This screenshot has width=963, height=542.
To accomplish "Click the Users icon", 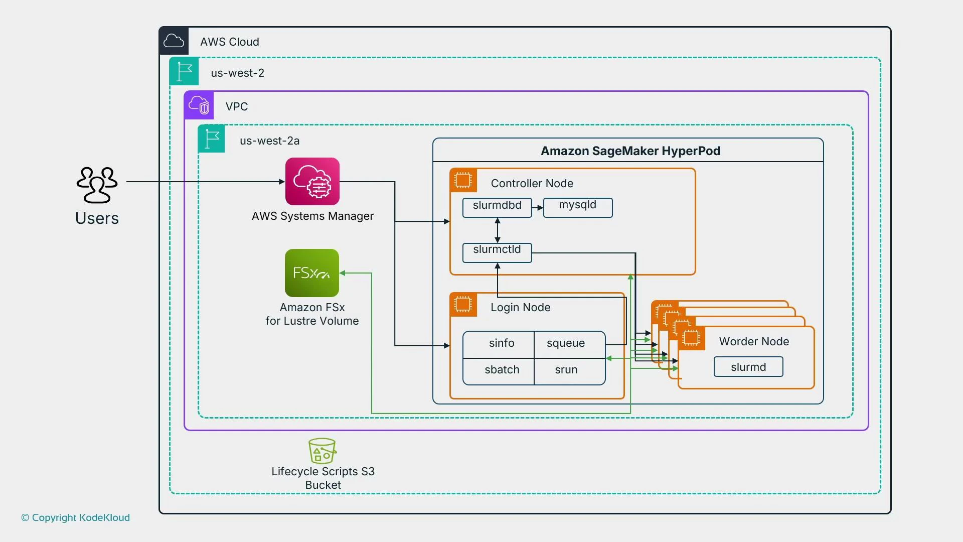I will click(x=97, y=185).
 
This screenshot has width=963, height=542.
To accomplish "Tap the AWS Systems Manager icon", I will click(x=312, y=181).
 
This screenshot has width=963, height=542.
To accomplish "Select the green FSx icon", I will click(x=311, y=273).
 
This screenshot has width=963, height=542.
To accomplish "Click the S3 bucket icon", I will click(x=322, y=451).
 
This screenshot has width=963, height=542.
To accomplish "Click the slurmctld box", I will click(x=497, y=252).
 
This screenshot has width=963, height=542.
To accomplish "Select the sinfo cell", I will click(x=501, y=344).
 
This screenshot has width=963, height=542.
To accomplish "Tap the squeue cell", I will click(x=566, y=344).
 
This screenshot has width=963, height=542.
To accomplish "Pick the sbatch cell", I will click(x=501, y=370).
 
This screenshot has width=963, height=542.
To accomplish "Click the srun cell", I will click(x=566, y=370).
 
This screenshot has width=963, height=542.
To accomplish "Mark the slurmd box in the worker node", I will click(x=748, y=367).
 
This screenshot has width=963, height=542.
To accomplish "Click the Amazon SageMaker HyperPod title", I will click(x=630, y=151).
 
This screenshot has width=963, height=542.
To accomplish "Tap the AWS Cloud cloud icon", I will click(x=174, y=41).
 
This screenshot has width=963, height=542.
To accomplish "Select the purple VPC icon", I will click(x=199, y=105).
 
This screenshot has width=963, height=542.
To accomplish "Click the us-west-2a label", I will click(x=269, y=141).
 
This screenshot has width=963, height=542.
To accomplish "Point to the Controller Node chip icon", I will click(x=463, y=180).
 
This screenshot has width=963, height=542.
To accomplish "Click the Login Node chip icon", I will click(x=463, y=304).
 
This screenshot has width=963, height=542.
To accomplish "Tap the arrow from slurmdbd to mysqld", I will click(x=538, y=207).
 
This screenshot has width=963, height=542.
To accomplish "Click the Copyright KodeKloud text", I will click(x=75, y=517).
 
